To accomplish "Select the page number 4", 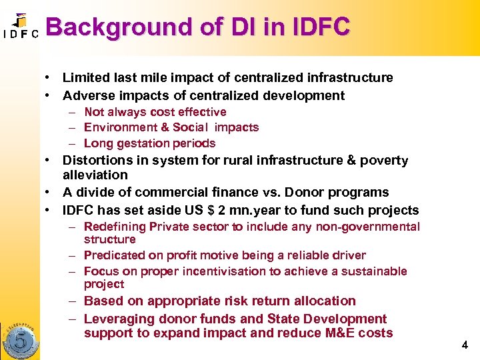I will tap(465, 345).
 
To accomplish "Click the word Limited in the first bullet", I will tap(85, 78).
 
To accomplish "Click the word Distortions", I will tap(97, 160).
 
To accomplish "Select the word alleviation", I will tap(95, 175).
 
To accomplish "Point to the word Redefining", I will tap(114, 227).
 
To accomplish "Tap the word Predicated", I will tap(114, 255).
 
